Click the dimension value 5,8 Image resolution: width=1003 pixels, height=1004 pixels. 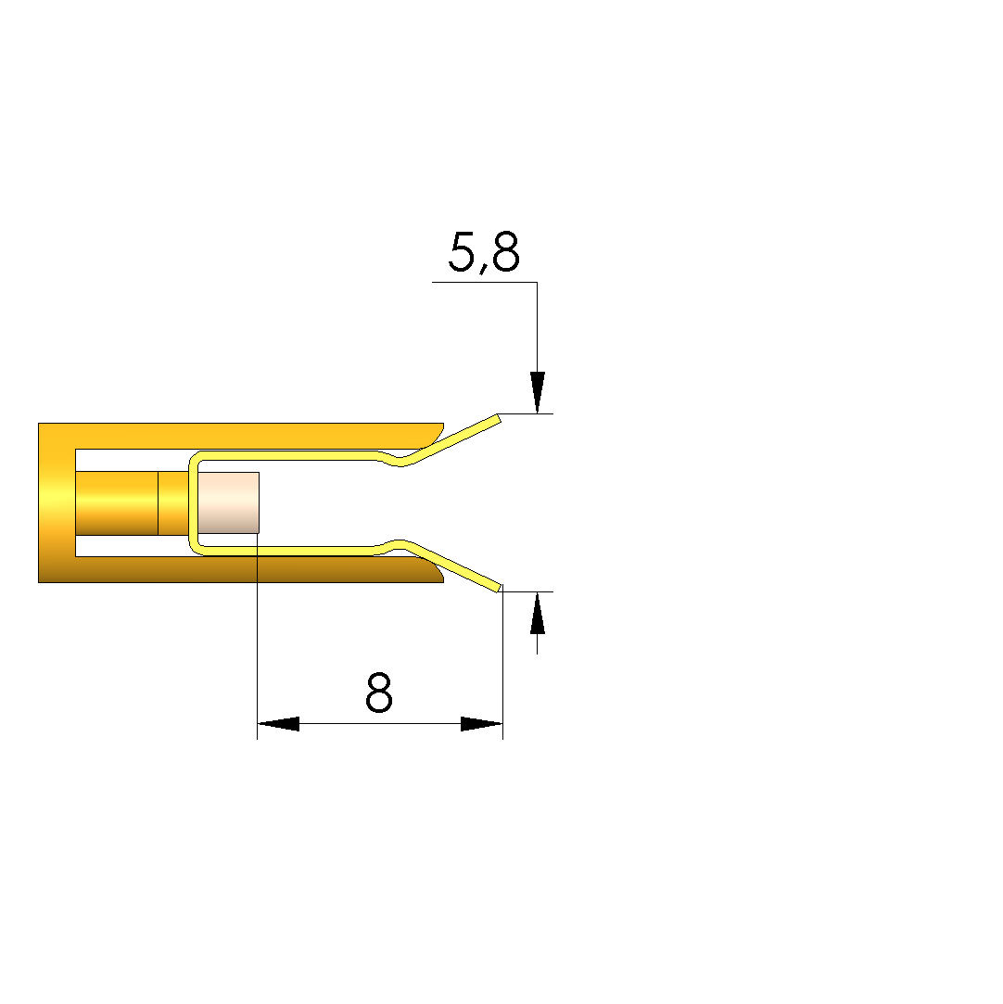[x=484, y=252]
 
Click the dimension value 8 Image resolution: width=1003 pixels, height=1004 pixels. [x=379, y=693]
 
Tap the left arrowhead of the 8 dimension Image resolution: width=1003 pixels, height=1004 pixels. [x=278, y=723]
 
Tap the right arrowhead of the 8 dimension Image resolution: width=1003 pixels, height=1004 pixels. [x=482, y=723]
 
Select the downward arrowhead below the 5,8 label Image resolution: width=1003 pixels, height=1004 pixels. [x=537, y=392]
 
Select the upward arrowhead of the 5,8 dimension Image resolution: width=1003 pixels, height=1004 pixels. [x=537, y=613]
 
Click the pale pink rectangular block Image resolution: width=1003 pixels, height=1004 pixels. [x=229, y=502]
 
